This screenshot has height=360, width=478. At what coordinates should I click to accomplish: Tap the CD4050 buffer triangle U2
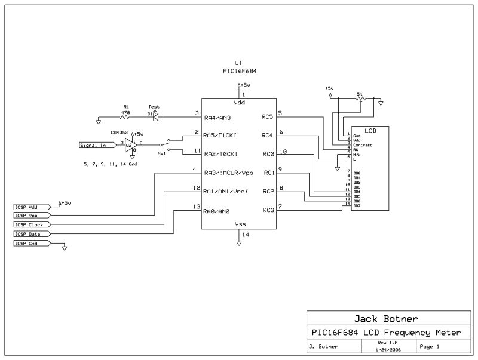[128, 144]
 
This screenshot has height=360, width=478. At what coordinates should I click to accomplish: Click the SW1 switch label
[161, 153]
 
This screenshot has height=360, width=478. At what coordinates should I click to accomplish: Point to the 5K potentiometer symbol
[360, 100]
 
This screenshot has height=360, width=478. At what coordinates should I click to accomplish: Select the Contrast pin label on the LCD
[362, 145]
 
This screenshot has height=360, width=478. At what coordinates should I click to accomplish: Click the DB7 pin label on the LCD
[357, 207]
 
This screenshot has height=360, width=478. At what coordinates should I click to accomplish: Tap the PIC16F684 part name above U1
[238, 70]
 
